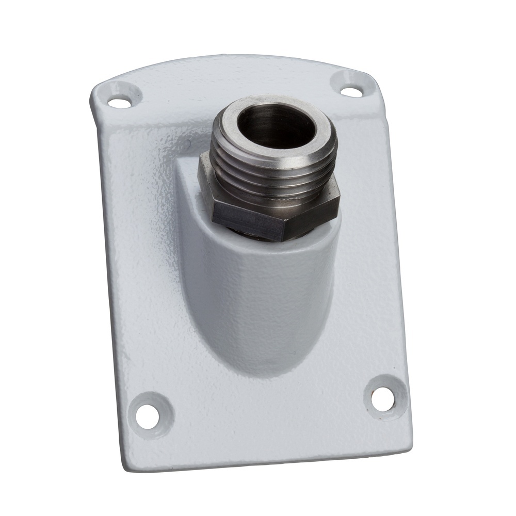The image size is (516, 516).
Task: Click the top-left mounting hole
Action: click(x=119, y=102)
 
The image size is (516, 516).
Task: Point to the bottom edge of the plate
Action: click(x=268, y=457)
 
